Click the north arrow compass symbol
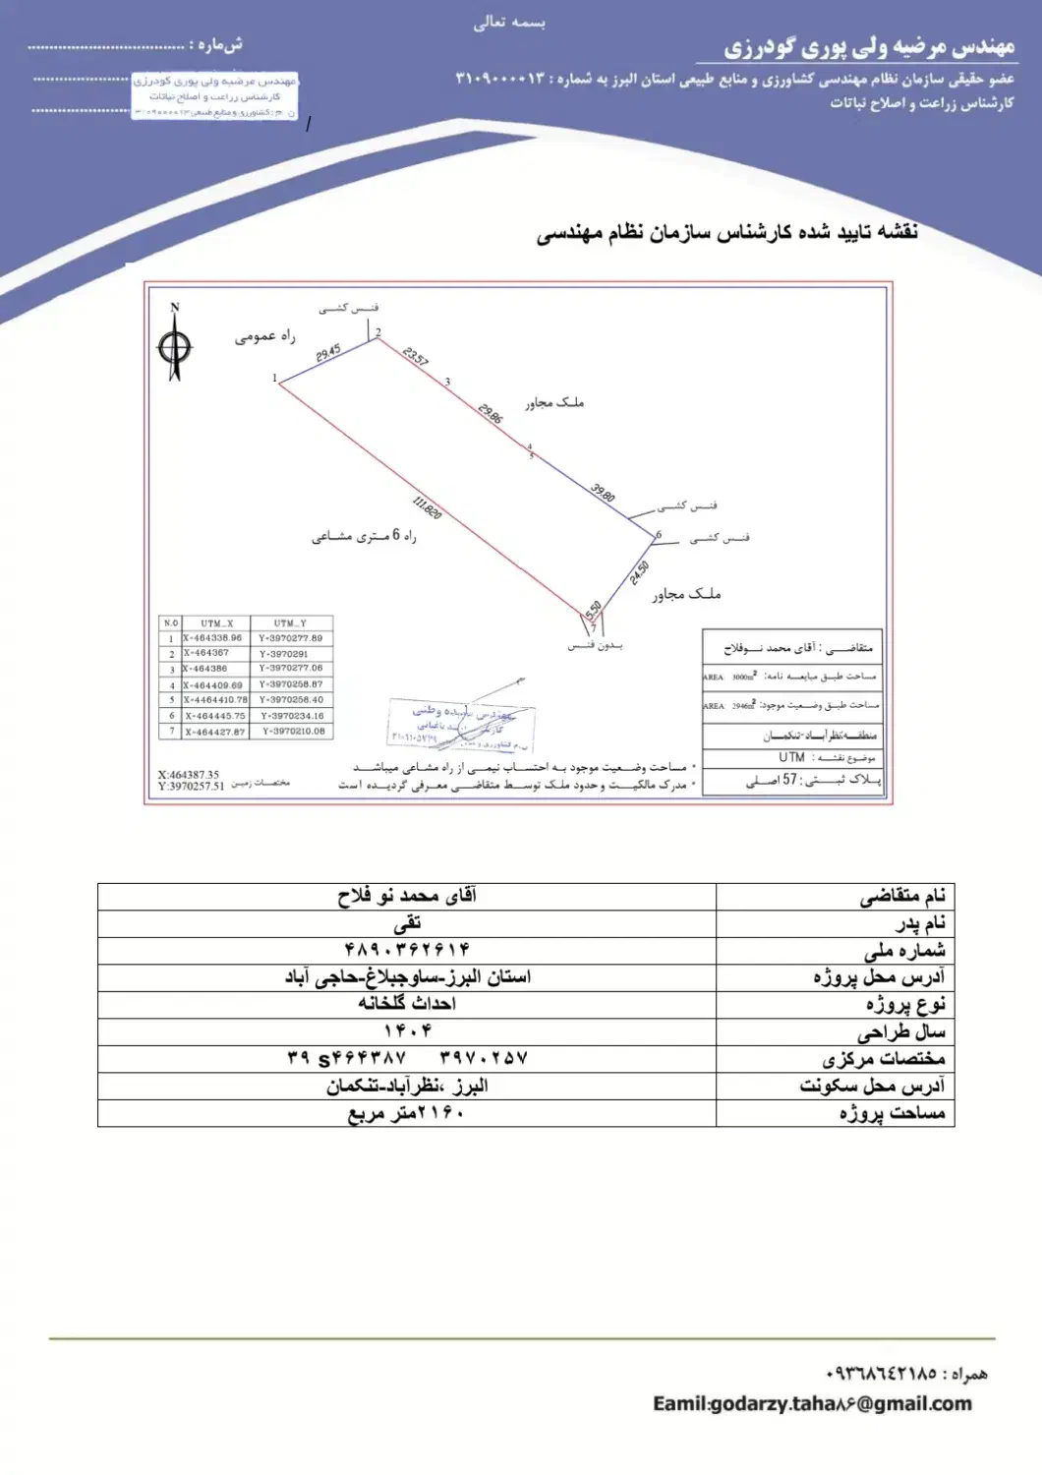175,344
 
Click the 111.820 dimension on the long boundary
428,508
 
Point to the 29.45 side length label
328,353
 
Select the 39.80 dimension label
603,492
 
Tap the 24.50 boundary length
639,572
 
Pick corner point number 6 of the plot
659,535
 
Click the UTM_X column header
216,623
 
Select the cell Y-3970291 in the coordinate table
284,654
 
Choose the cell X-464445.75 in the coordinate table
215,716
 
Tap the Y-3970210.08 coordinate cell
293,732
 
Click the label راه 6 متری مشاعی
364,537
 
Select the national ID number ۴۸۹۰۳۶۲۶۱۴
406,950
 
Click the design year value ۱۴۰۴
407,1032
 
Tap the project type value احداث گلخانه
407,1004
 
